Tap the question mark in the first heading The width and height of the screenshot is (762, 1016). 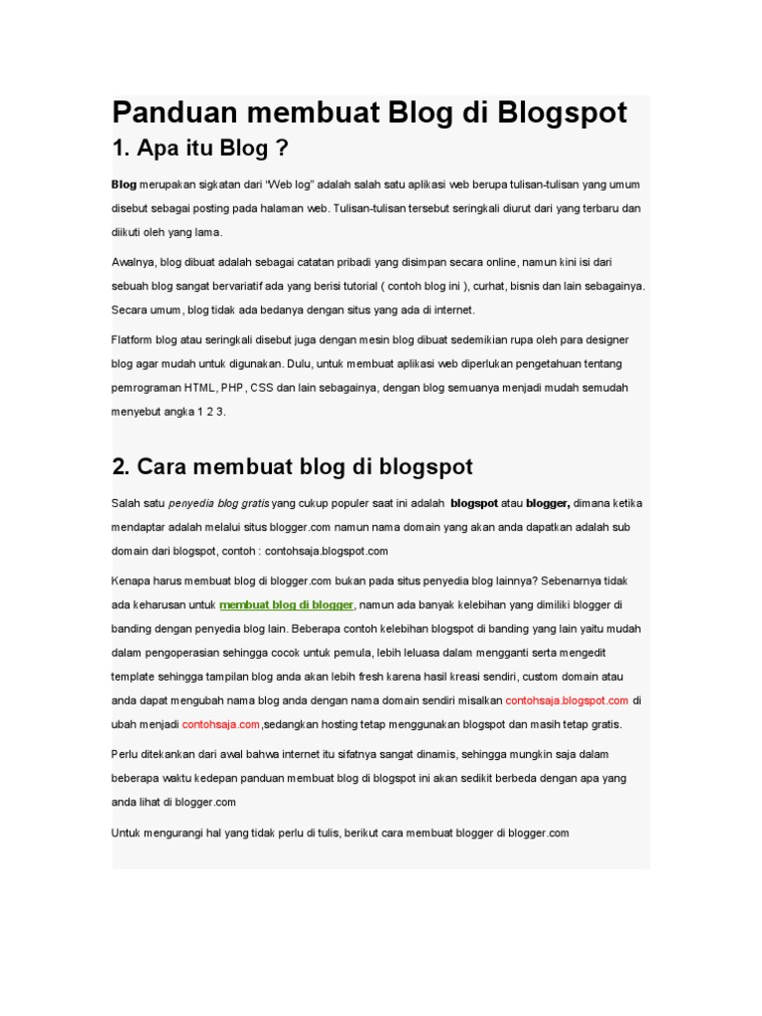[281, 150]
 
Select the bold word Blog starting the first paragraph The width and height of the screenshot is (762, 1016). [124, 185]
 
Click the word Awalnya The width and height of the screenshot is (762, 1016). [133, 262]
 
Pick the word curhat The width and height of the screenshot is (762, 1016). [469, 286]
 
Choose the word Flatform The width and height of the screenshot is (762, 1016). [134, 339]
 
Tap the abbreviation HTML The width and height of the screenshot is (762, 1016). [200, 387]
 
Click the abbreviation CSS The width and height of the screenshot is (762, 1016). [263, 387]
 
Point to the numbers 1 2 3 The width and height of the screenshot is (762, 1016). [211, 411]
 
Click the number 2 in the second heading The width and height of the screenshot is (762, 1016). [120, 465]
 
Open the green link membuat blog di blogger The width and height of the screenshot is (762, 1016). [286, 604]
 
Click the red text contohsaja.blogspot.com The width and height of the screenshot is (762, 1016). [567, 699]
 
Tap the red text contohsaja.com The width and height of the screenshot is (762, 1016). [220, 724]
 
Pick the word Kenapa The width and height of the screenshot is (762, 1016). [130, 579]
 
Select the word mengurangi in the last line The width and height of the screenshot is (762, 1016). [178, 832]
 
